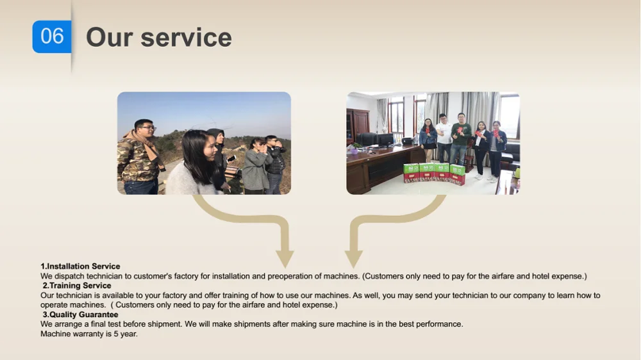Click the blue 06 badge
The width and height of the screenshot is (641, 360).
tap(52, 37)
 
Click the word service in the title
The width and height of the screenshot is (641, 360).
tap(186, 38)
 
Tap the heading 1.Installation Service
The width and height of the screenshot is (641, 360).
tap(80, 266)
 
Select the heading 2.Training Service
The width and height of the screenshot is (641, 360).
tap(77, 286)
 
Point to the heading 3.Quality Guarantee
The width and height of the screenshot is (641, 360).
tap(81, 315)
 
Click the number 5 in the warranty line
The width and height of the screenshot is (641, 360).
tap(116, 334)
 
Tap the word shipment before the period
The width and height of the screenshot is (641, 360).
tap(163, 324)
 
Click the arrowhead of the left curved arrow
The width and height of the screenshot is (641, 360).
tap(285, 259)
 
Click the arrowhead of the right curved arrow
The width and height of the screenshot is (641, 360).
tap(354, 259)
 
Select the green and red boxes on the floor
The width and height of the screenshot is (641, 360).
tap(434, 174)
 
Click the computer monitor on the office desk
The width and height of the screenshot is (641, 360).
tap(385, 140)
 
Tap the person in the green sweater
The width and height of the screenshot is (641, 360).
tap(461, 139)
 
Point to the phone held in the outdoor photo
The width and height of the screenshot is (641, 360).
tap(231, 159)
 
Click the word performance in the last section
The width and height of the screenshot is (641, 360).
tap(438, 325)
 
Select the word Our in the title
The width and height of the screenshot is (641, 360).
tap(110, 38)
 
